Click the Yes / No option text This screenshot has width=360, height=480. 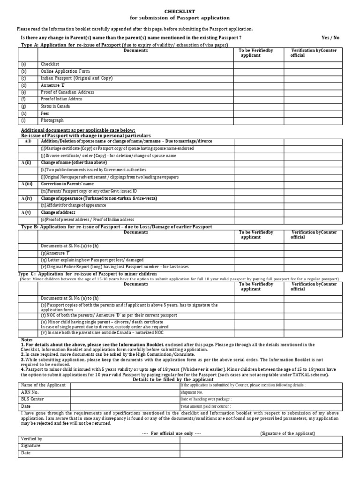(330, 37)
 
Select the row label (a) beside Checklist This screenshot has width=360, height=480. (24, 64)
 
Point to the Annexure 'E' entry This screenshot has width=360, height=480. (52, 85)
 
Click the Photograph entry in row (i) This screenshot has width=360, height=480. (52, 120)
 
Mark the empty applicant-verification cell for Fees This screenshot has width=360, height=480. (259, 113)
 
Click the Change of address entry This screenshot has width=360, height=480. (58, 212)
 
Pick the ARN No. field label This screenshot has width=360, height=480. (30, 392)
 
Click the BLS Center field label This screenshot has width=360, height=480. (32, 399)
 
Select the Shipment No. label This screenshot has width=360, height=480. (192, 392)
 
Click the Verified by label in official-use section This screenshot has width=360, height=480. (32, 439)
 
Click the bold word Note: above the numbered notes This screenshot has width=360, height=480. (27, 339)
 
